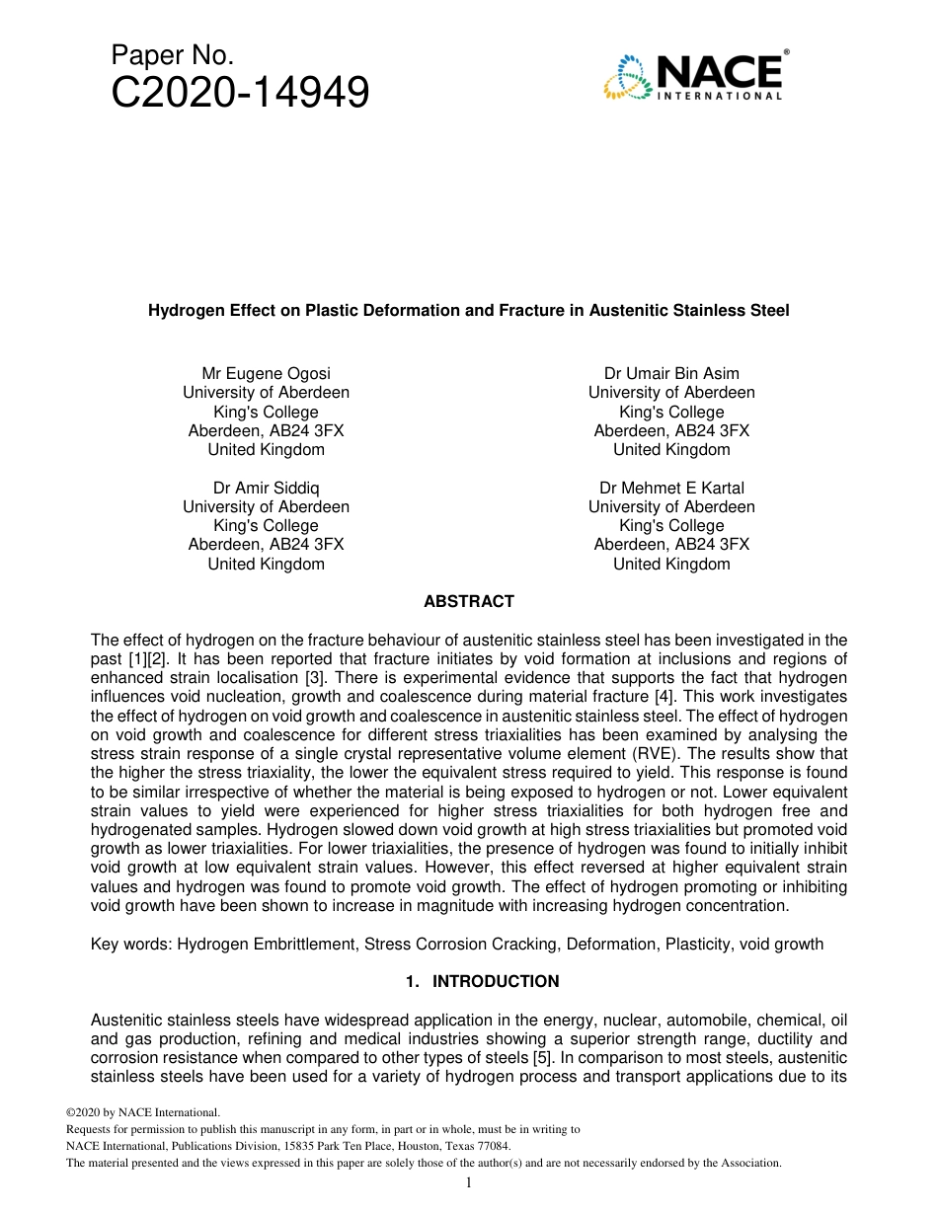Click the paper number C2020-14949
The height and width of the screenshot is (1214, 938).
click(x=240, y=93)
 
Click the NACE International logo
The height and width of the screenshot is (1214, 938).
click(x=693, y=75)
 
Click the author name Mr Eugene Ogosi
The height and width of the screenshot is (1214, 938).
click(x=266, y=373)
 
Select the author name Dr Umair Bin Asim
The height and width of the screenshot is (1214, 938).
click(x=671, y=373)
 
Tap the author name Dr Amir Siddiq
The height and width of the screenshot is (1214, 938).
click(x=266, y=488)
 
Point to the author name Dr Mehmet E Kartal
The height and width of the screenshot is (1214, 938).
click(x=671, y=488)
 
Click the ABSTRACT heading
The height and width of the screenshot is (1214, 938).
click(x=468, y=601)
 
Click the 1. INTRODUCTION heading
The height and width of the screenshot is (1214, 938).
click(x=482, y=981)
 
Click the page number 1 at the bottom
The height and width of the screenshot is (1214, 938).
click(x=468, y=1182)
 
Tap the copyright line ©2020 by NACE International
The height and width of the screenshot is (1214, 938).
click(x=135, y=1112)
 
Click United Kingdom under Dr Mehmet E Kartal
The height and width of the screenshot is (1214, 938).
click(x=671, y=565)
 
